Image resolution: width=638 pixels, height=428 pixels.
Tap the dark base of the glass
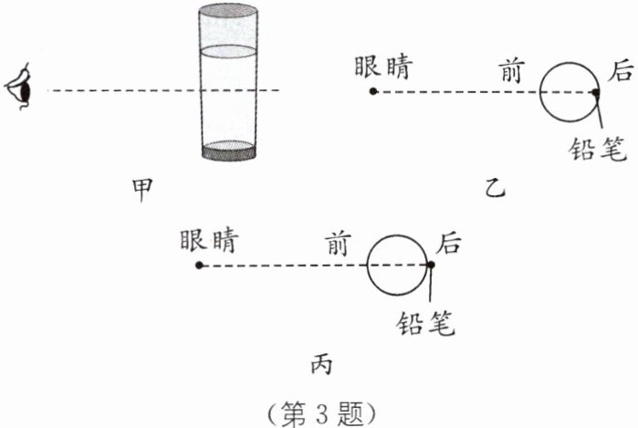point(228,151)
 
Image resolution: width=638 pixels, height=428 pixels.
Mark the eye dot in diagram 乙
point(372,91)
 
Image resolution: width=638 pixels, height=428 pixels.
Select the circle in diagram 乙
point(569,91)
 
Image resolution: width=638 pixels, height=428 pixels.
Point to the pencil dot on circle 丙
point(430,266)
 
